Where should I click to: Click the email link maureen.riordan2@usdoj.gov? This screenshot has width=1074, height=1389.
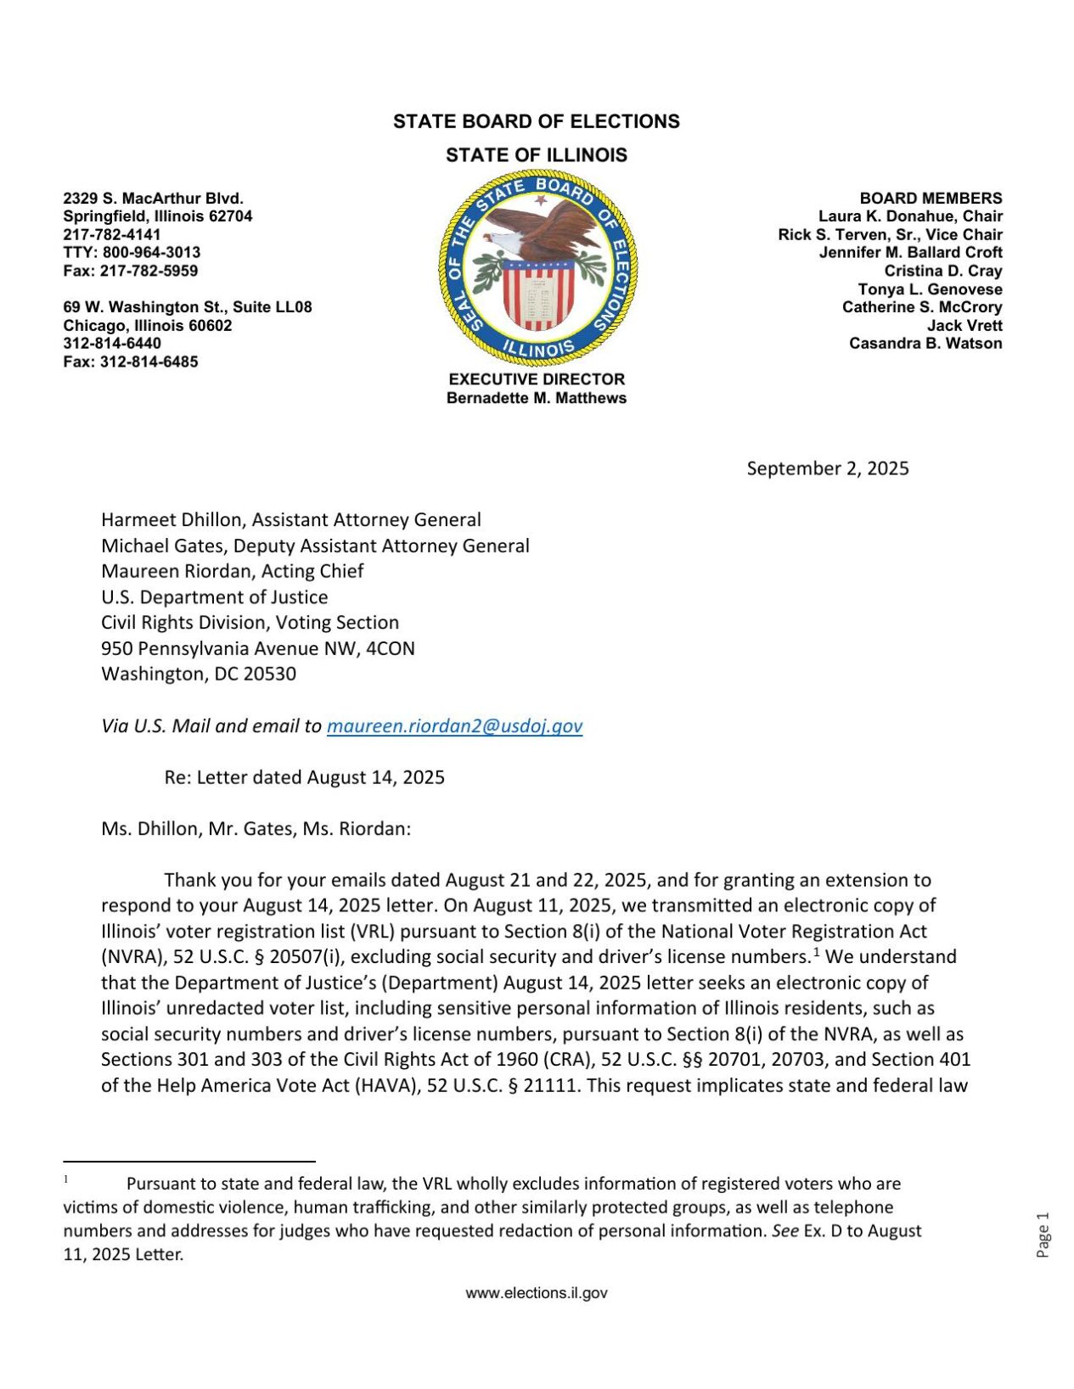(x=454, y=726)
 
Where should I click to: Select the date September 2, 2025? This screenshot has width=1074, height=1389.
(x=827, y=468)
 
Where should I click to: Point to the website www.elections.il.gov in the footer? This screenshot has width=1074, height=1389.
(x=537, y=1293)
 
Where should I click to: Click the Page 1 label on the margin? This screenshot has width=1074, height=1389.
(x=1043, y=1235)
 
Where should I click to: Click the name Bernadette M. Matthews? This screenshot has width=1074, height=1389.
(x=537, y=398)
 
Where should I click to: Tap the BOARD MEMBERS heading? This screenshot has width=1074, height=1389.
(x=931, y=199)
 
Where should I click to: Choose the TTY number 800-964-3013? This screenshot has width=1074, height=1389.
(x=151, y=253)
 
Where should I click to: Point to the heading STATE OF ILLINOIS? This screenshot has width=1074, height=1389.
(x=537, y=155)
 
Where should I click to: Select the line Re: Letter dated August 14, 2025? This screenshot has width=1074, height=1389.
(x=304, y=777)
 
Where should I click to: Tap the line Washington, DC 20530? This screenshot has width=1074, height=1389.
(x=199, y=675)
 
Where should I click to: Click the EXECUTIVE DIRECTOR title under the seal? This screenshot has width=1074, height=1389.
(x=537, y=379)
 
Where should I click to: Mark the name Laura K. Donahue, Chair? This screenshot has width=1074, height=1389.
(x=910, y=216)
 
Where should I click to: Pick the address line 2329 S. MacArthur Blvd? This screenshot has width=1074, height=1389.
(x=153, y=199)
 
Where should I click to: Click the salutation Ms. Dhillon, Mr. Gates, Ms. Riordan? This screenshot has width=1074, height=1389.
(x=256, y=829)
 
